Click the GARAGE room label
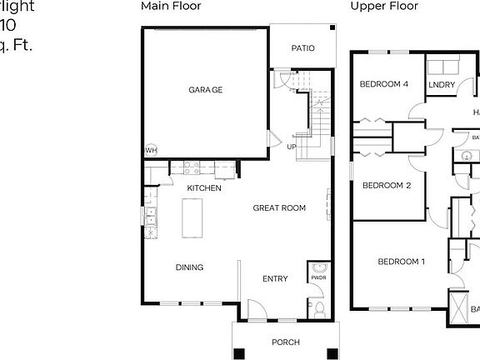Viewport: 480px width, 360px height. tap(205, 89)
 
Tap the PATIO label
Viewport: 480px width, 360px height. tap(302, 48)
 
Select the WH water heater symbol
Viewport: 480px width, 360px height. tap(151, 151)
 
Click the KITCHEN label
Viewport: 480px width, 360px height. tap(203, 188)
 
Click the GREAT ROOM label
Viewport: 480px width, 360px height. tap(279, 208)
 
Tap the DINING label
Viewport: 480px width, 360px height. tap(189, 267)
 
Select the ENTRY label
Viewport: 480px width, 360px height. tap(275, 279)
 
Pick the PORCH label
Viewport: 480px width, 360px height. tap(285, 342)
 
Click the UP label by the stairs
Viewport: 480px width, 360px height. tap(292, 147)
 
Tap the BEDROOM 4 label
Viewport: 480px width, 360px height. tap(384, 84)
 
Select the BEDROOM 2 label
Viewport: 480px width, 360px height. tap(386, 185)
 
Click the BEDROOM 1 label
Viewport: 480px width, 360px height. tap(402, 262)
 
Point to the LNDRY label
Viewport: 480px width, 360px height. tap(440, 85)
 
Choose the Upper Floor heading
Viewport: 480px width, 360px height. tap(384, 6)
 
